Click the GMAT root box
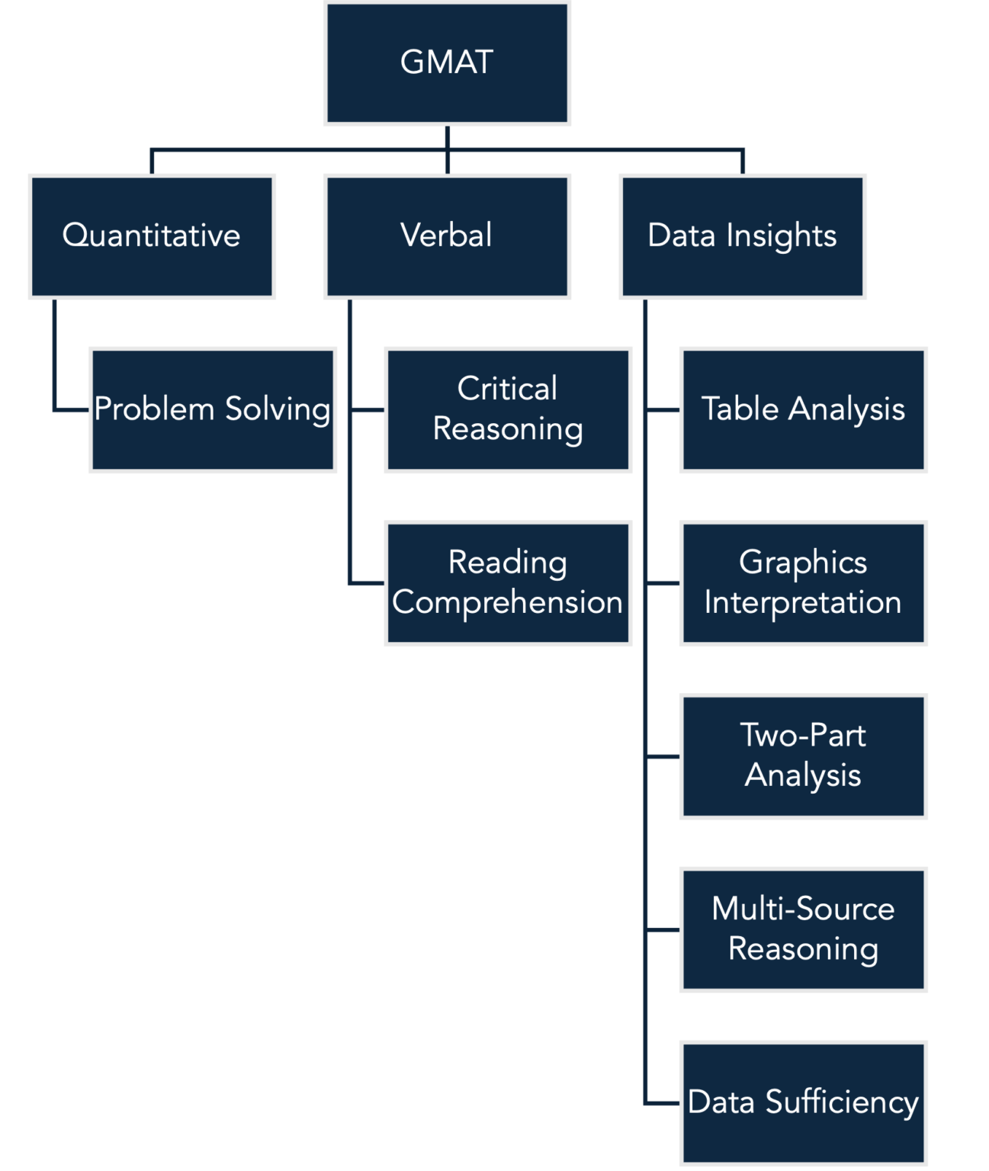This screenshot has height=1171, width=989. pos(447,64)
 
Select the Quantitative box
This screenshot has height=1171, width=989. pos(152,236)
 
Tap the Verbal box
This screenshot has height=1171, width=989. pos(447,236)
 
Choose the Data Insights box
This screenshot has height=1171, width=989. pos(743,236)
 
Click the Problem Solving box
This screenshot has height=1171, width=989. pos(213,410)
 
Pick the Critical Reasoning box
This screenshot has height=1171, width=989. pos(509,410)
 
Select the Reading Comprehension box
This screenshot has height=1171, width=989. pos(509,583)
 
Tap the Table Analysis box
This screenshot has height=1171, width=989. pos(804,410)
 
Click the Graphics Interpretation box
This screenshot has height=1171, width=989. pos(804,583)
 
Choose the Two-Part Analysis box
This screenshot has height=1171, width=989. pos(804,756)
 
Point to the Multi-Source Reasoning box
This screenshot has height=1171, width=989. pos(804,929)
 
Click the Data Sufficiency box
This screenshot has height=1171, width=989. pos(804,1102)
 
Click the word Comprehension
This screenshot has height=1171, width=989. pos(508,603)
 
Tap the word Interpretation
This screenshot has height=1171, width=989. pos(803,603)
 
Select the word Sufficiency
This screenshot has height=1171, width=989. pos(842,1103)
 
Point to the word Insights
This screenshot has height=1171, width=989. pos(782,236)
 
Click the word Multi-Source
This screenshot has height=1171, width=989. pos(803,909)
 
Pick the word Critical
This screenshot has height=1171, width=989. pos(508,389)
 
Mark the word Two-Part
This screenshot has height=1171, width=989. pos(803,736)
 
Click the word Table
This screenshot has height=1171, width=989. pos(740,409)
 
